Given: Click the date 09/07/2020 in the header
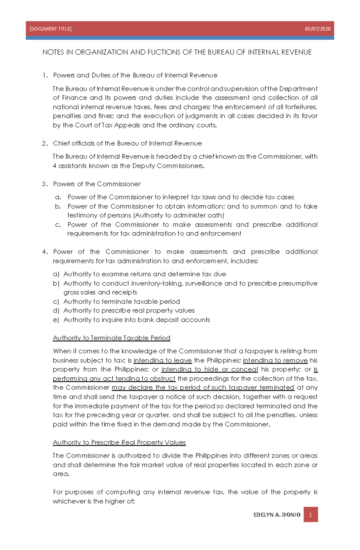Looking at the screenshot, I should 317,29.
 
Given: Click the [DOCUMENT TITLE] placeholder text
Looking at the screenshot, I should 50,29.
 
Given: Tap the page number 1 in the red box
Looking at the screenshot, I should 310,515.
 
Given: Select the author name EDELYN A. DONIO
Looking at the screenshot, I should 277,515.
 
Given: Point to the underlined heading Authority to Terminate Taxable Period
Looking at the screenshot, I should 111,338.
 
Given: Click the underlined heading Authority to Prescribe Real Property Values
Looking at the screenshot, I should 119,442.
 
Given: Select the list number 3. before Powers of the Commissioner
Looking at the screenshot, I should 45,184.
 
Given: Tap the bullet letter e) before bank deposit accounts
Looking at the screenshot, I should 56,320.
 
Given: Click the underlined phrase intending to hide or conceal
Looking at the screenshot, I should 209,369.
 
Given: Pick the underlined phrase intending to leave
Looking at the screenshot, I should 163,360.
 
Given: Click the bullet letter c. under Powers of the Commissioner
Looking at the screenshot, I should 58,225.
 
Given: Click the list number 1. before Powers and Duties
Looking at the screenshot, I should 45,75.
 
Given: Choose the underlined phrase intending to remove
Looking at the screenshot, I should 275,360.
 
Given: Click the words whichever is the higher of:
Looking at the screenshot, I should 94,501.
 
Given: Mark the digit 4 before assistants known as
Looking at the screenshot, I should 55,166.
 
